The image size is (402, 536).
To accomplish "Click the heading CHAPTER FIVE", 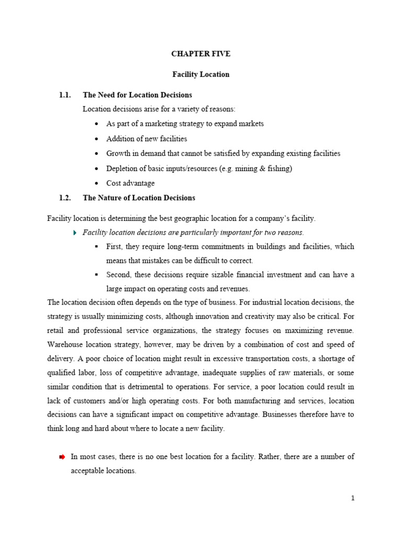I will pyautogui.click(x=200, y=54).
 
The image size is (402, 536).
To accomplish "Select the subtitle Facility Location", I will pyautogui.click(x=200, y=74).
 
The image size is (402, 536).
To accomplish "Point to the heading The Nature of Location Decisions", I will pyautogui.click(x=139, y=198).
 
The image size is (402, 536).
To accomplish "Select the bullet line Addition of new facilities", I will pyautogui.click(x=147, y=139).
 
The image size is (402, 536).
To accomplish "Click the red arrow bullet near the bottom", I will pyautogui.click(x=62, y=457).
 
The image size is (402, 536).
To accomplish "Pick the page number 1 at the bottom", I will pyautogui.click(x=353, y=498).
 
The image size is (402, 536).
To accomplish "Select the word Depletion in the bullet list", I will pyautogui.click(x=123, y=169).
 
